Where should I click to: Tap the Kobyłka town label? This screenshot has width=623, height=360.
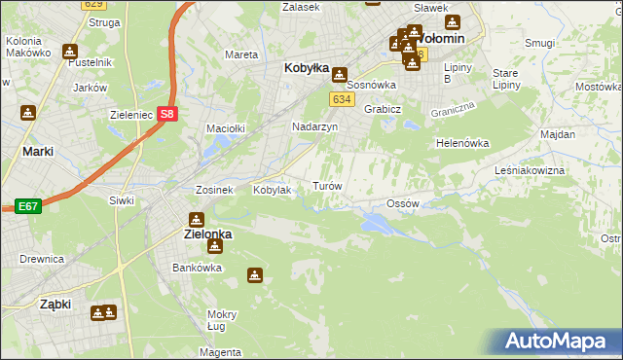(306, 69)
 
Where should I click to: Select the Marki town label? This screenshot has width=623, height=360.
(37, 152)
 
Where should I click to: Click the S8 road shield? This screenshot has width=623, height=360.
(169, 114)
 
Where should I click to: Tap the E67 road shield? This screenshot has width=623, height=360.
(27, 206)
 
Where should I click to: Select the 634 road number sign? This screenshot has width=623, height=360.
(341, 99)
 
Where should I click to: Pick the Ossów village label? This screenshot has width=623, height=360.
(402, 203)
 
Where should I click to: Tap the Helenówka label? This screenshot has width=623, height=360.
(461, 143)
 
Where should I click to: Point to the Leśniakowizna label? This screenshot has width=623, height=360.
(557, 169)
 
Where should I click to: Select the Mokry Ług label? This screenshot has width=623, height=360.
(222, 320)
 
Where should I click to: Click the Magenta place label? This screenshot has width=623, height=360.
(222, 351)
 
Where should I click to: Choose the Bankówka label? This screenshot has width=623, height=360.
(192, 267)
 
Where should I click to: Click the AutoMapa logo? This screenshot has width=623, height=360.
(562, 342)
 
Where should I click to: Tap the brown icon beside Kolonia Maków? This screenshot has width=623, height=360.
(69, 53)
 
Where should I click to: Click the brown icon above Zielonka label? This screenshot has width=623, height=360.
(197, 219)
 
